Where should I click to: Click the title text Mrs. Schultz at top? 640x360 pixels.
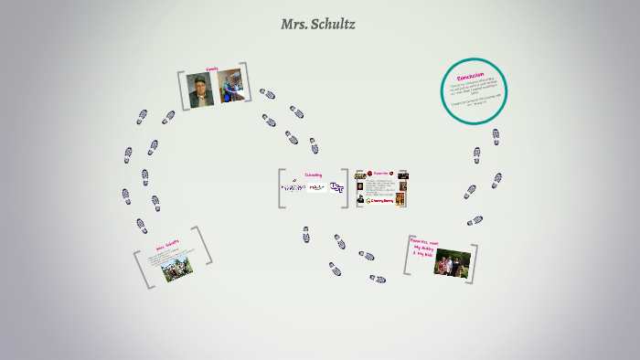(318, 25)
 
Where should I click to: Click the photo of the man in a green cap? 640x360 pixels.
(199, 90)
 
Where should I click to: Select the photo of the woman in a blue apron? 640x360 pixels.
(229, 85)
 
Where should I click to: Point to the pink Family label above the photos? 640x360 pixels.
(212, 69)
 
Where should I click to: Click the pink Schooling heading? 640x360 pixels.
(313, 175)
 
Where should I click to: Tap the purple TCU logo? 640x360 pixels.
(337, 187)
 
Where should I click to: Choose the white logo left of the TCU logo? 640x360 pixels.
(316, 187)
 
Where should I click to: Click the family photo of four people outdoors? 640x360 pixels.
(452, 262)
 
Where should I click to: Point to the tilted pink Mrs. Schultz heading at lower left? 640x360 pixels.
(167, 248)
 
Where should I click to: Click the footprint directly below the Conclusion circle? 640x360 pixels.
(496, 136)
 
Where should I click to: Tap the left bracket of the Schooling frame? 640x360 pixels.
(281, 187)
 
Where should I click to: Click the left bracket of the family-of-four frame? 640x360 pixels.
(408, 256)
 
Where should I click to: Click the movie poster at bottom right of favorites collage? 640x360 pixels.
(401, 199)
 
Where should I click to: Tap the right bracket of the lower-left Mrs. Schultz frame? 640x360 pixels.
(206, 246)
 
